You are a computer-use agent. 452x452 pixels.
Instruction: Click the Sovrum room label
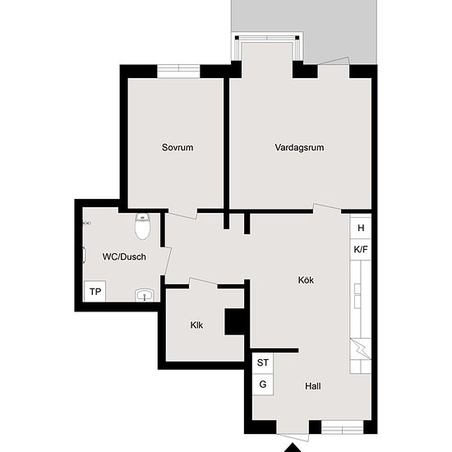tap(178, 148)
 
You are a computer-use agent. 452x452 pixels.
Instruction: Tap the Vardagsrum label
tap(299, 148)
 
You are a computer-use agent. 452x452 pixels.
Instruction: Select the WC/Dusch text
tap(124, 256)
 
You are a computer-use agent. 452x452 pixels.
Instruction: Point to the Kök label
tap(306, 279)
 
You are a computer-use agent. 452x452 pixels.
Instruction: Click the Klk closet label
tap(196, 325)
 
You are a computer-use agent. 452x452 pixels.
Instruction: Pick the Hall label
tap(313, 385)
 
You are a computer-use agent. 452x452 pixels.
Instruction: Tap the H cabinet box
tap(360, 228)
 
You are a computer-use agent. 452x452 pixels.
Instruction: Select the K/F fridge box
tap(360, 249)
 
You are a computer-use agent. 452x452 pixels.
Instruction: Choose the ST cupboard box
tap(263, 362)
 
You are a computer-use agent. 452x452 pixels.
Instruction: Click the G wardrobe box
tap(263, 384)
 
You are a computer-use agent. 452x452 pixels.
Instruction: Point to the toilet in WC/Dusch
tap(143, 224)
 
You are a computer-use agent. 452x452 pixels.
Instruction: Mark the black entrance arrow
tap(292, 447)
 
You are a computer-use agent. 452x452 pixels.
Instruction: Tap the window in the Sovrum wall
tap(179, 71)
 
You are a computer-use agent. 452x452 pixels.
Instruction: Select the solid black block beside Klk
tap(236, 321)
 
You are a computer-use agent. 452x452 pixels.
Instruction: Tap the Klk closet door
tap(203, 284)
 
